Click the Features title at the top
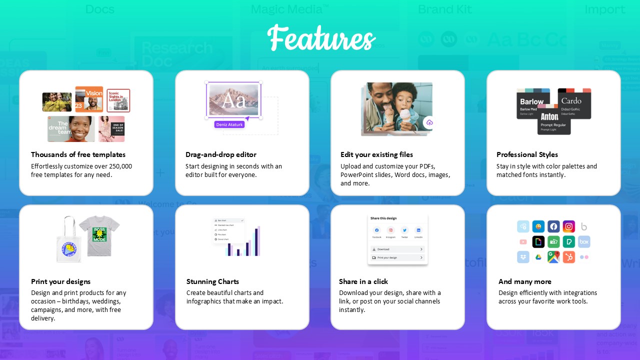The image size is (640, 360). (x=321, y=38)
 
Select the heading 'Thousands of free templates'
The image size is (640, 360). (x=78, y=154)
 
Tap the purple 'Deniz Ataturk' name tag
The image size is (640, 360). (x=229, y=124)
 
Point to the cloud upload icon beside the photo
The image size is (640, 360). (x=429, y=122)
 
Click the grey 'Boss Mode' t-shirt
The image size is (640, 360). (x=100, y=235)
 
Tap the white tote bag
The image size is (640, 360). (x=69, y=241)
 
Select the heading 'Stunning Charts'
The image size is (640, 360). (x=212, y=281)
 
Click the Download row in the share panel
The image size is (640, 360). (x=397, y=249)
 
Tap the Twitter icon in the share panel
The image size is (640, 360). (x=404, y=230)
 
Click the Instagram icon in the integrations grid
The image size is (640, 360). (x=568, y=226)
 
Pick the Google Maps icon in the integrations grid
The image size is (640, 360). (x=553, y=257)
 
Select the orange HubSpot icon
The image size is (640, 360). (x=568, y=257)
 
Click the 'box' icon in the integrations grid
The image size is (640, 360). (x=584, y=242)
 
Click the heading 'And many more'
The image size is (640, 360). (x=524, y=281)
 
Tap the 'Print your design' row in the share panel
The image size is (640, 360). (x=397, y=257)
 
